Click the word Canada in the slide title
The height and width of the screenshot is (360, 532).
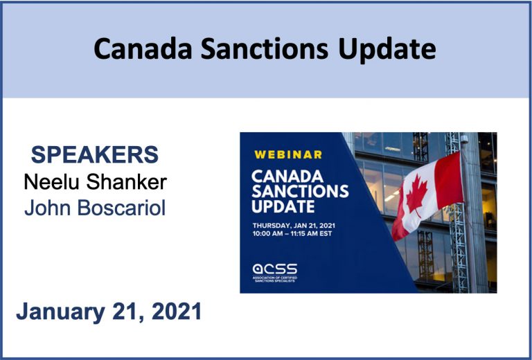(x=143, y=48)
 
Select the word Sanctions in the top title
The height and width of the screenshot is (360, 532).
(x=265, y=48)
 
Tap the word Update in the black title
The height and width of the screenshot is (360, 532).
(x=387, y=49)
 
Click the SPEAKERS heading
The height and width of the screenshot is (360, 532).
(x=95, y=154)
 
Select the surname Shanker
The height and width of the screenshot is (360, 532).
(x=126, y=182)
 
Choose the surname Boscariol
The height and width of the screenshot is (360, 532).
(x=121, y=208)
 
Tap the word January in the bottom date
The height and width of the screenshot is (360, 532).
(x=61, y=312)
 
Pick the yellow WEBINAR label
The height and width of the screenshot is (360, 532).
(x=288, y=154)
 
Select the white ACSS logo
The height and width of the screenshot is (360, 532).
(x=275, y=269)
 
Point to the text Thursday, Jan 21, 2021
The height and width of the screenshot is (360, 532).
(x=294, y=226)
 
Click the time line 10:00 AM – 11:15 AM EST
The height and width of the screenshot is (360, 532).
(x=292, y=233)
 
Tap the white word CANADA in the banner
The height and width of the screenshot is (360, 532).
(x=287, y=177)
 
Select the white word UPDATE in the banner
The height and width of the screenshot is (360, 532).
(x=283, y=206)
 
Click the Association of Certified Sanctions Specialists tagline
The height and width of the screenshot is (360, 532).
(x=275, y=279)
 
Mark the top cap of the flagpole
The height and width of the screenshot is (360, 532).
(x=464, y=138)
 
